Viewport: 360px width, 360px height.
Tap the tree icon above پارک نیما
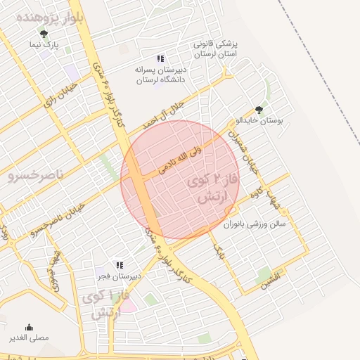pos(45,33)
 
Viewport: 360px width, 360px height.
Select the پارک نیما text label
pos(44,44)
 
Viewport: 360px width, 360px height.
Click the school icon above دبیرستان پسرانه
pos(160,59)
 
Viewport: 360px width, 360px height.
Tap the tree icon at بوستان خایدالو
pos(259,109)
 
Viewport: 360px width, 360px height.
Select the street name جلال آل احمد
pos(163,112)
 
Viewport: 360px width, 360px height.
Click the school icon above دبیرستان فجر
pos(120,265)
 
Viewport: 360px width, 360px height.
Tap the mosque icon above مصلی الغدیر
pos(29,327)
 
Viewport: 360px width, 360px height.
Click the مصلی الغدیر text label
pos(29,338)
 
